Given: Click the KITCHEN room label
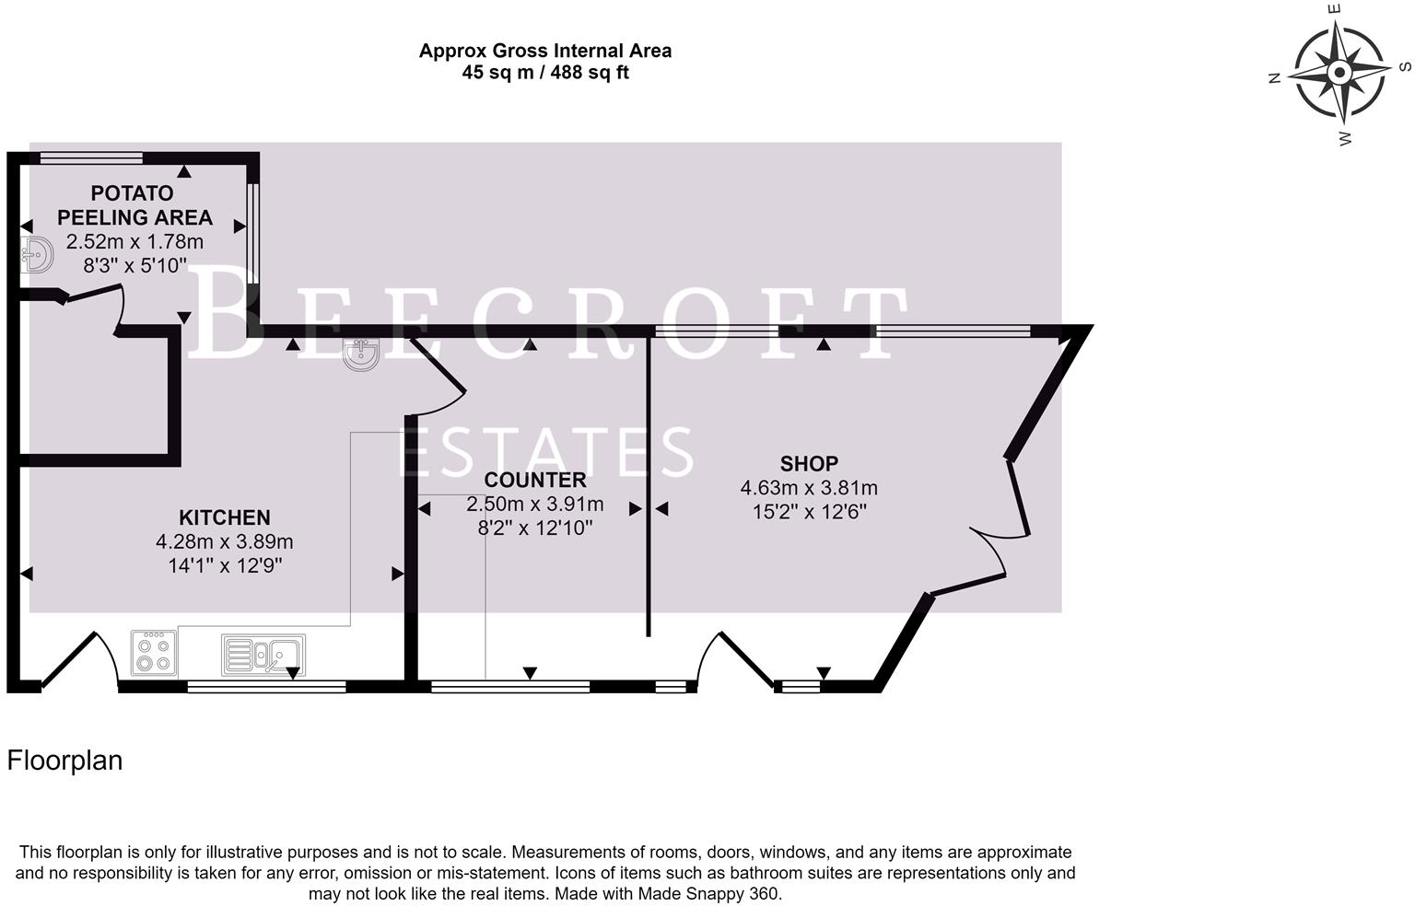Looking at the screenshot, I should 224,517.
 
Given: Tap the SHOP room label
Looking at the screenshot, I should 809,463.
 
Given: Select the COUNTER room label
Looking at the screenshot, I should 534,480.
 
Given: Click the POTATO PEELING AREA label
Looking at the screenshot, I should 134,205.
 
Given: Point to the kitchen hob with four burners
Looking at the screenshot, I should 154,652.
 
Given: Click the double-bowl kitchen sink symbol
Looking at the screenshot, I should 263,655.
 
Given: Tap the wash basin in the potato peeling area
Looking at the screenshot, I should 36,255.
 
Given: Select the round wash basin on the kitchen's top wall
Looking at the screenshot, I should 361,354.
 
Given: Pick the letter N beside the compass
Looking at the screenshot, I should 1275,78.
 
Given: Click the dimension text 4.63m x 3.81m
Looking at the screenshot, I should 809,488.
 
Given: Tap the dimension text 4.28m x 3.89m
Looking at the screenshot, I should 224,541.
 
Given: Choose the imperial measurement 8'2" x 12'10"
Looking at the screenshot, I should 534,528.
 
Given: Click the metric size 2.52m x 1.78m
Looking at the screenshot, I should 134,242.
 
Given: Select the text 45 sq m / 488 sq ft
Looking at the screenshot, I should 544,73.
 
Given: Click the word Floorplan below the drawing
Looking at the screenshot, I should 64,761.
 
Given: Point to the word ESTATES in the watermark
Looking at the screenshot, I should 547,451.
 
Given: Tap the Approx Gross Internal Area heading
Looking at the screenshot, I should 544,51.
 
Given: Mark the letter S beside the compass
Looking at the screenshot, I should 1405,66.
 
